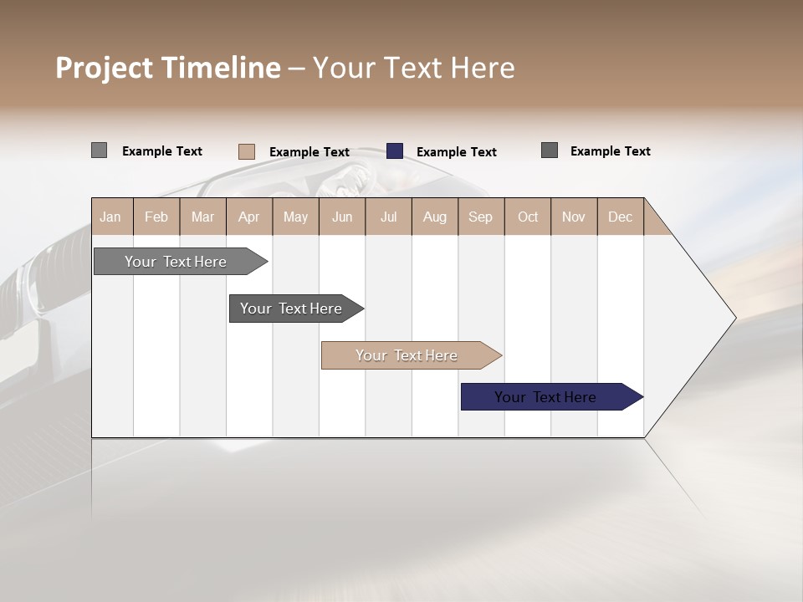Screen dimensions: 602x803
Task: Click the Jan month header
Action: (x=110, y=217)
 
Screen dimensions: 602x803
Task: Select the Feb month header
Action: (x=156, y=217)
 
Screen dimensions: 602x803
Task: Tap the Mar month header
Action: (x=202, y=217)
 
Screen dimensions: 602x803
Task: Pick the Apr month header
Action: (x=248, y=217)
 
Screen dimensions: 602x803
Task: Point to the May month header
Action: (x=295, y=217)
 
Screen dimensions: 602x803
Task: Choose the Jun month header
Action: (x=342, y=217)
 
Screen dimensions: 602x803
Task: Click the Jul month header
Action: (x=388, y=217)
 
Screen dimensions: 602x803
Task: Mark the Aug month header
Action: (x=434, y=217)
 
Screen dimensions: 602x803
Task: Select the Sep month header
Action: (x=480, y=217)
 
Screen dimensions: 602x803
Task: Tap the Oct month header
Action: (x=528, y=217)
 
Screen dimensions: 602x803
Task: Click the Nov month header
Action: (x=574, y=217)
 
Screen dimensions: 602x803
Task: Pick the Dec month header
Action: (x=620, y=217)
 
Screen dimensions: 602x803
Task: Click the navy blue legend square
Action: (x=395, y=151)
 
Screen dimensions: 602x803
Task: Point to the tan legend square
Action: (x=247, y=151)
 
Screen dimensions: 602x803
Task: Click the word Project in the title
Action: (x=105, y=68)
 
